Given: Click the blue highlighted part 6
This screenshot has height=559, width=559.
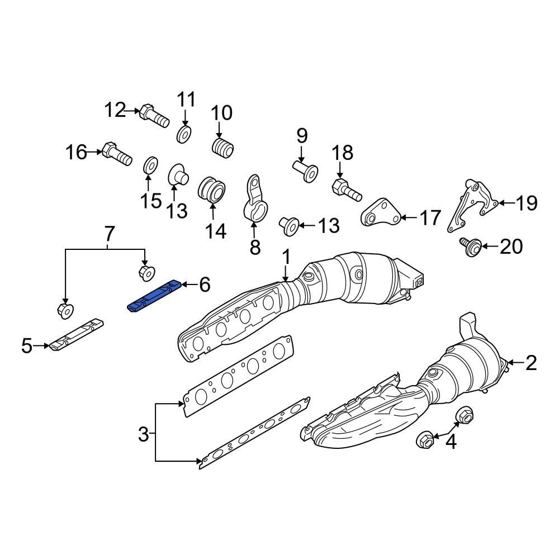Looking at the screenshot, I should click(154, 296).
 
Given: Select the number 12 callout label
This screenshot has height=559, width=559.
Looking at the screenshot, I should click(116, 111).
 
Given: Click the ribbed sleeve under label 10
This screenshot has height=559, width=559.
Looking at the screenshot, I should click(223, 149).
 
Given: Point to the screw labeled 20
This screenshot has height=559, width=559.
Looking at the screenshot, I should click(470, 245).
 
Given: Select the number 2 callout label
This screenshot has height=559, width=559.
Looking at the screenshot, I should click(530, 363).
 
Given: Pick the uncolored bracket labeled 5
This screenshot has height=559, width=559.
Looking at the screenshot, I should click(77, 335).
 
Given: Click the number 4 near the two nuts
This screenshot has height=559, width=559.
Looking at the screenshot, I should click(450, 443).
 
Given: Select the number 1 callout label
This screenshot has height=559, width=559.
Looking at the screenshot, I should click(286, 258).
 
